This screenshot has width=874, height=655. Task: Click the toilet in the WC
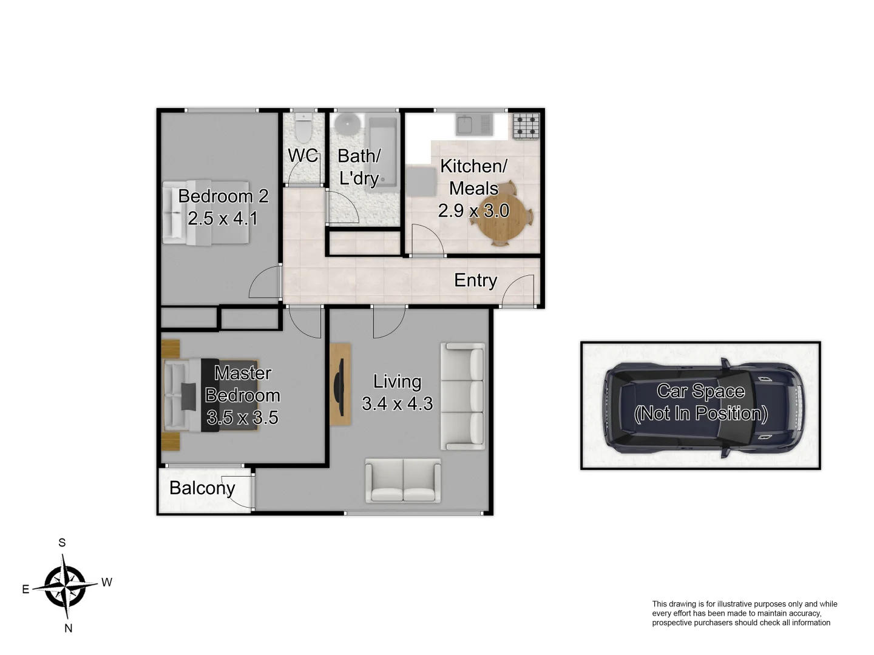(303, 128)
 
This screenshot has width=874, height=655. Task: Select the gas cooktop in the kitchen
(526, 126)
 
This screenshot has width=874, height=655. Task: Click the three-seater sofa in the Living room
(462, 397)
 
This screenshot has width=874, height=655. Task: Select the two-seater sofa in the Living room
(403, 480)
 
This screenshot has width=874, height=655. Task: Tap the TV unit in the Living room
(340, 385)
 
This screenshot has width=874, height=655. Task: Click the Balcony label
(202, 488)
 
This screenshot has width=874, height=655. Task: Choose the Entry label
(475, 280)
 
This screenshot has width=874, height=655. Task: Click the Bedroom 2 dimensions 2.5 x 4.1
(223, 218)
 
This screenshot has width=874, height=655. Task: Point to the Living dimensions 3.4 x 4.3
(397, 404)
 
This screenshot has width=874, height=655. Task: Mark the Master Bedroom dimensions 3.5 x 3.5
(242, 418)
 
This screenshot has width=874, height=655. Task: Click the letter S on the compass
(62, 543)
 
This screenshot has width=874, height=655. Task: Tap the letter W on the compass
(107, 582)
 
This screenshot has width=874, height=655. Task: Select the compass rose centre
(66, 586)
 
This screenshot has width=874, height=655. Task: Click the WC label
(303, 156)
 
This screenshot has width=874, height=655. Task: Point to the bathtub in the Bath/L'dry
(383, 152)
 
